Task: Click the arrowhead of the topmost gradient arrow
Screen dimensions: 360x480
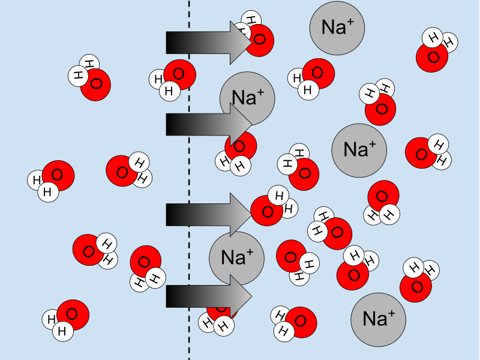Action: coord(241,42)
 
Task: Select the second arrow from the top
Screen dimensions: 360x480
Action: coord(204,124)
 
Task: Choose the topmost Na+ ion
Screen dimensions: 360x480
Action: coord(338,28)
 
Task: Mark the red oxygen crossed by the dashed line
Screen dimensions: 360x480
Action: coord(179,76)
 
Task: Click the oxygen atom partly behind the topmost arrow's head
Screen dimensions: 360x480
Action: coord(260,41)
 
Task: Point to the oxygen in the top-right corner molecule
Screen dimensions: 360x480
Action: coord(432,58)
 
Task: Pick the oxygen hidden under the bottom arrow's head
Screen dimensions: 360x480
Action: coord(221,308)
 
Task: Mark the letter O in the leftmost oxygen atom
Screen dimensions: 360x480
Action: coord(57,175)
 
